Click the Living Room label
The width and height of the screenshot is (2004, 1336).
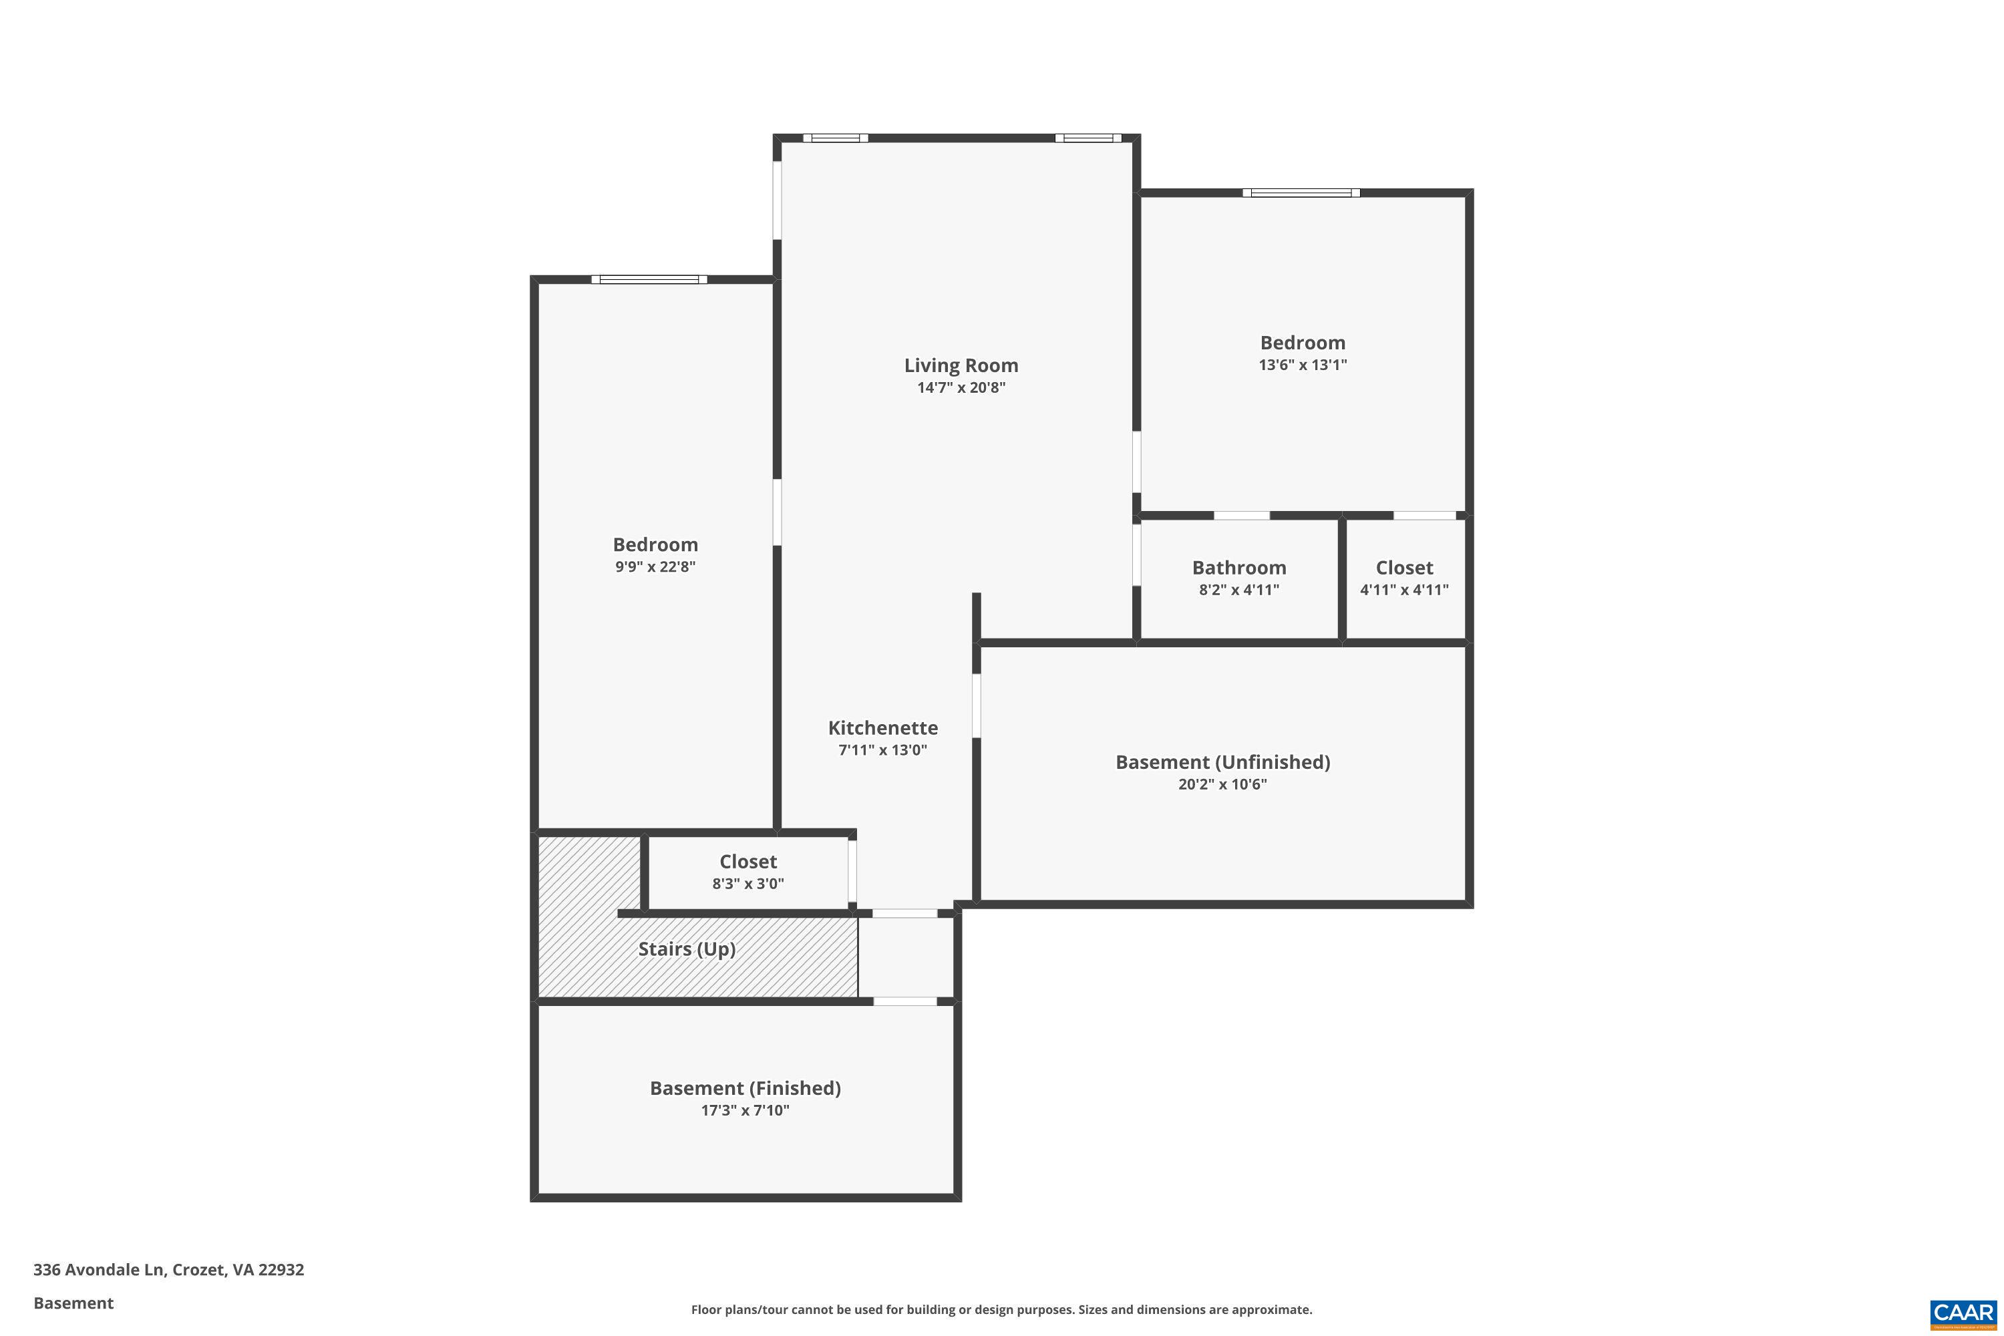point(961,365)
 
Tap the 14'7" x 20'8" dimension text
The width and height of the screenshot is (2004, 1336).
point(961,387)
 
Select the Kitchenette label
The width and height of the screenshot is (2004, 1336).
point(882,727)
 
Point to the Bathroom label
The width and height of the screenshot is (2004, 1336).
point(1239,567)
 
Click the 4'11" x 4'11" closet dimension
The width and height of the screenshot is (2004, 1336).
point(1404,590)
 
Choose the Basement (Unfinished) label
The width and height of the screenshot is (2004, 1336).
point(1222,762)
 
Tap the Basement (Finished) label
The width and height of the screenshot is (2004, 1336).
point(745,1088)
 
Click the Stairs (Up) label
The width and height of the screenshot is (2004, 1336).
point(687,949)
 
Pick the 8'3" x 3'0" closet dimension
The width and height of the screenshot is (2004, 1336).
point(748,884)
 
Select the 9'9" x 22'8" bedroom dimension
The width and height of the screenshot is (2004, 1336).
point(655,566)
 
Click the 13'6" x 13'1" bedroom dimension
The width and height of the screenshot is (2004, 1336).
point(1303,365)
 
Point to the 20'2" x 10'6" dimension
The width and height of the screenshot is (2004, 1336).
point(1222,784)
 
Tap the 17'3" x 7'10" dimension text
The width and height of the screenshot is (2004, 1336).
point(745,1110)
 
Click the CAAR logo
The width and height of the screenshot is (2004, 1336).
point(1964,1312)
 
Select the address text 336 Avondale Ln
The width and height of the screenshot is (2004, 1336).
point(169,1270)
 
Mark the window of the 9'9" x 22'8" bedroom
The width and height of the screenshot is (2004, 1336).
point(649,279)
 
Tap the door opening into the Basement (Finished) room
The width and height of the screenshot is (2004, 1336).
point(905,1001)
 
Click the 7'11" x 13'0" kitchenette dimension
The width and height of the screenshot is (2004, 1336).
point(882,749)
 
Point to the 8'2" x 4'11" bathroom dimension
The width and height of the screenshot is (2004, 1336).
point(1239,590)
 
